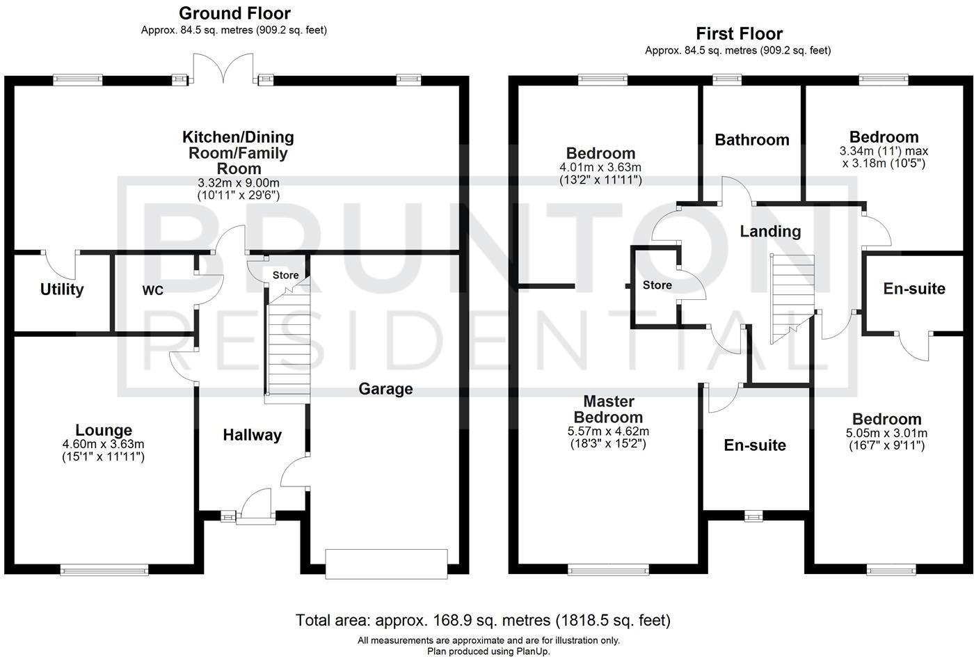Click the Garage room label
(x=385, y=389)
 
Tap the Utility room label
(x=62, y=289)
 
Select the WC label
(x=153, y=291)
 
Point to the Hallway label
(x=252, y=436)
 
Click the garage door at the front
(x=386, y=563)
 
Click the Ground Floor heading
(x=234, y=13)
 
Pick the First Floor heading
(x=739, y=33)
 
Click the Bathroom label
(x=752, y=140)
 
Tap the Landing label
(x=770, y=232)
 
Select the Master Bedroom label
(x=608, y=409)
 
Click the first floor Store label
(x=657, y=285)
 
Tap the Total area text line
(x=483, y=619)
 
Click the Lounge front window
(x=104, y=570)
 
